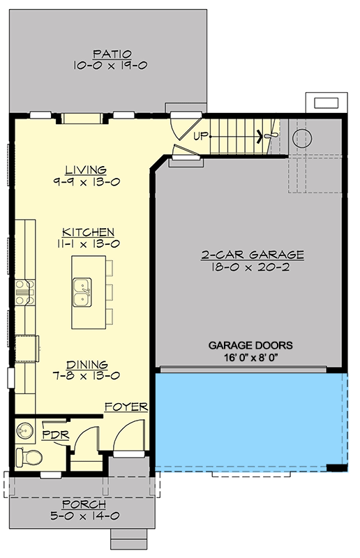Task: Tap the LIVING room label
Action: [x=85, y=169]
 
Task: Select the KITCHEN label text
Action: [x=87, y=232]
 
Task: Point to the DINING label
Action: [x=87, y=364]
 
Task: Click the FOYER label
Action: [x=126, y=407]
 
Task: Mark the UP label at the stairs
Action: [x=201, y=136]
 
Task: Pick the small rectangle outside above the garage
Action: [x=326, y=103]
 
